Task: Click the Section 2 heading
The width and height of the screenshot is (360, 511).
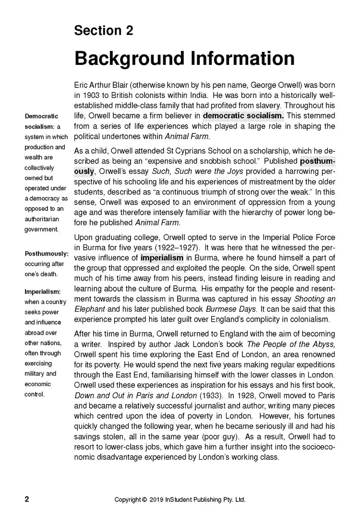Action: [x=103, y=31]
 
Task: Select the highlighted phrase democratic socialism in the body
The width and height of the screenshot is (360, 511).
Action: [x=243, y=116]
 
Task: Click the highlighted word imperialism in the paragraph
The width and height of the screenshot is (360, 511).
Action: [x=162, y=258]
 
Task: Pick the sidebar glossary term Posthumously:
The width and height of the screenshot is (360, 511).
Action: [x=47, y=253]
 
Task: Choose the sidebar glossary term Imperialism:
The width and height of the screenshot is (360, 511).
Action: [x=43, y=292]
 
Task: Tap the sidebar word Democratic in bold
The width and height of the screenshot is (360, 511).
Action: [x=41, y=116]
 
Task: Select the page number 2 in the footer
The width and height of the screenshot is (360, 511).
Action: [x=27, y=499]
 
